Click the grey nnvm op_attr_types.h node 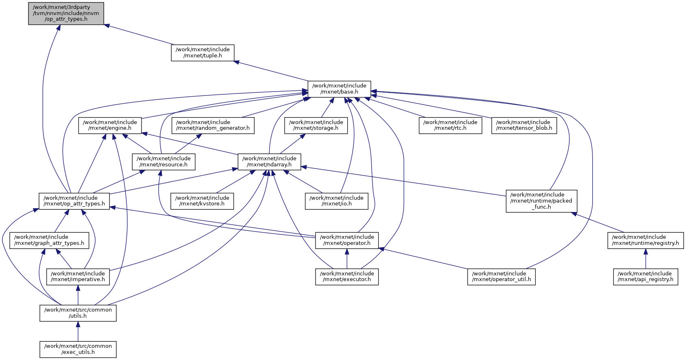pyautogui.click(x=66, y=13)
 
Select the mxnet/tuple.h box pyautogui.click(x=203, y=52)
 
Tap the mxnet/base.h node pyautogui.click(x=339, y=89)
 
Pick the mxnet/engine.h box pyautogui.click(x=110, y=125)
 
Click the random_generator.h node pyautogui.click(x=213, y=125)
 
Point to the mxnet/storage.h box pyautogui.click(x=316, y=125)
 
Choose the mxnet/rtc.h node pyautogui.click(x=450, y=125)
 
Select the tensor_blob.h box pyautogui.click(x=524, y=125)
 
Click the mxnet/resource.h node pyautogui.click(x=163, y=161)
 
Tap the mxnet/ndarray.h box pyautogui.click(x=269, y=161)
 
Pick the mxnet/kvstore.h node pyautogui.click(x=202, y=201)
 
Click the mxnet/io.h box pyautogui.click(x=336, y=201)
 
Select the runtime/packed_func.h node pyautogui.click(x=541, y=201)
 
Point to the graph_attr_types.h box pyautogui.click(x=49, y=240)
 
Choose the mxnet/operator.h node pyautogui.click(x=347, y=240)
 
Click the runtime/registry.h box pyautogui.click(x=645, y=240)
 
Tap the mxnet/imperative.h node pyautogui.click(x=78, y=277)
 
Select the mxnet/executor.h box pyautogui.click(x=347, y=277)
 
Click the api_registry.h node pyautogui.click(x=645, y=277)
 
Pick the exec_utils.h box pyautogui.click(x=78, y=349)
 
